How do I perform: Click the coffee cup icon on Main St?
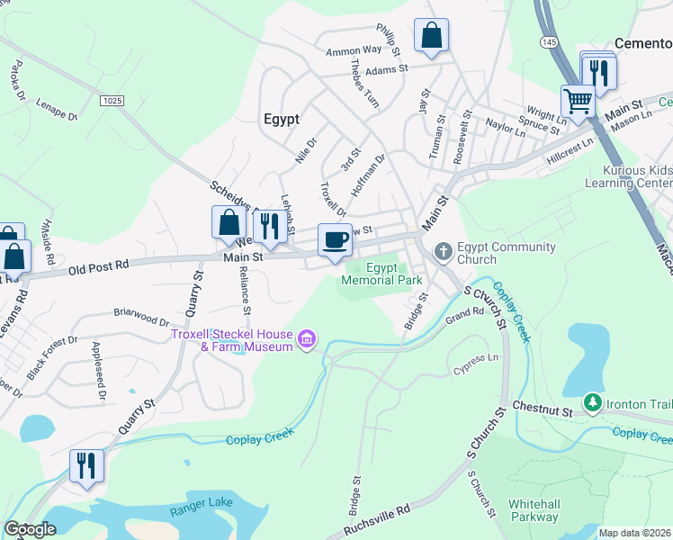[x=335, y=240]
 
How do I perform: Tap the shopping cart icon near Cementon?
[x=578, y=101]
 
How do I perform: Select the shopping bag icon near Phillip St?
[x=432, y=36]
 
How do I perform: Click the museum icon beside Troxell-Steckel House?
[x=307, y=339]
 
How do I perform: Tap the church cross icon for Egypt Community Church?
[x=443, y=251]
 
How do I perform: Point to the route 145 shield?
[x=549, y=42]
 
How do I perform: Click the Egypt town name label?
[x=281, y=118]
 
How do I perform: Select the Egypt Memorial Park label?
[x=381, y=274]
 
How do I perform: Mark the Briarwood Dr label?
[x=141, y=317]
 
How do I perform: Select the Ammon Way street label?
[x=354, y=51]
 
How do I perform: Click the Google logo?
[x=30, y=529]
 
